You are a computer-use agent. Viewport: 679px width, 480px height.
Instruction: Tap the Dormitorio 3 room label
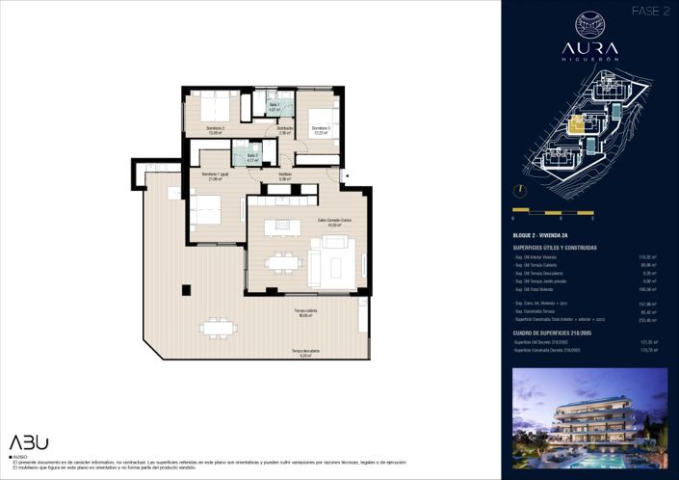tap(320, 130)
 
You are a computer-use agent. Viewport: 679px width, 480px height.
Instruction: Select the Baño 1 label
tap(274, 107)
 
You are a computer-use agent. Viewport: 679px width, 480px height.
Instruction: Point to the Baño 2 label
tap(251, 157)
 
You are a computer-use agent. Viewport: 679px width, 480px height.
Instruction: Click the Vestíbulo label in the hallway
tap(285, 176)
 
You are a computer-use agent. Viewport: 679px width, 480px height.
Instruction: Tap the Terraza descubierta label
tap(306, 353)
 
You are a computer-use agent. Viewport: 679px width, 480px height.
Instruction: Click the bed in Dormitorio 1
tap(207, 208)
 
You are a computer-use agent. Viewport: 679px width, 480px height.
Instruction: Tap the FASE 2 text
tap(650, 11)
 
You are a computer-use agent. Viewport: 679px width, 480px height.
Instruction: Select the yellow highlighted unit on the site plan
tap(577, 124)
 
